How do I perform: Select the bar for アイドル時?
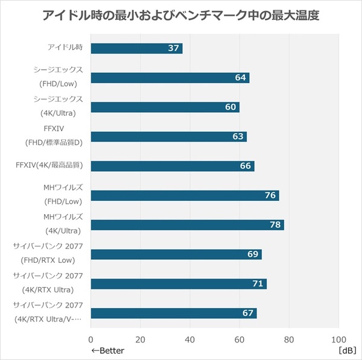coord(136,48)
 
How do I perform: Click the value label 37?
coord(174,48)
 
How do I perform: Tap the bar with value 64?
coord(170,78)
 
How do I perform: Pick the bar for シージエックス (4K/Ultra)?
coord(165,107)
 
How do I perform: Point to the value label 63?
coord(238,137)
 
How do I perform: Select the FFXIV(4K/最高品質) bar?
coord(172,166)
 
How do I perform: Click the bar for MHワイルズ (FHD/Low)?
coord(185,195)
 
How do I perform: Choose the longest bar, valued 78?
coord(187,225)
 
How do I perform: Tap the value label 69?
coord(253,254)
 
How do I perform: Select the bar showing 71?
coord(179,284)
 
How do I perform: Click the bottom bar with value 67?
coord(174,314)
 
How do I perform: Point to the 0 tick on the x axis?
coord(91,338)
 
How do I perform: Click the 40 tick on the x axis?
coord(190,338)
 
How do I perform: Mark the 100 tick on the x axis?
coord(338,338)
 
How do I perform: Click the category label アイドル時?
coord(66,47)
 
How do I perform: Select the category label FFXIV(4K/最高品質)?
coord(51,165)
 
